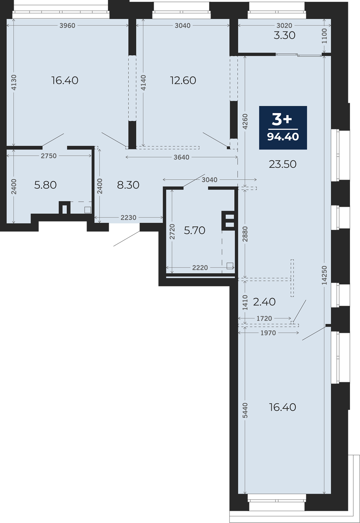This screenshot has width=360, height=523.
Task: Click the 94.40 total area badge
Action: coord(283,128)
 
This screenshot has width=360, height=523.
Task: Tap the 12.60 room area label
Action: coord(183,80)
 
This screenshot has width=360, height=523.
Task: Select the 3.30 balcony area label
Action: coord(285,35)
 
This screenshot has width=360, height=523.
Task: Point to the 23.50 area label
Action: coord(283,164)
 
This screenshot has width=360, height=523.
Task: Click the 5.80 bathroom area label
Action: coord(46,185)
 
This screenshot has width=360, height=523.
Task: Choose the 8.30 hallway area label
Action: coord(128,185)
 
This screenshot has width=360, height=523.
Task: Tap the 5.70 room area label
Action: coord(195,230)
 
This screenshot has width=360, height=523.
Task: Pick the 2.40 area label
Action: coord(264,302)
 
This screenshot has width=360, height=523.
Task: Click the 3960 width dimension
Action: coord(67,26)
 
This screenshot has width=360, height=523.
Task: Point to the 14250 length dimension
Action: coord(324,275)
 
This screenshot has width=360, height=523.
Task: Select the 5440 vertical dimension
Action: coord(245,410)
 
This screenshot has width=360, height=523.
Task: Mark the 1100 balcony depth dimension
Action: coord(324,36)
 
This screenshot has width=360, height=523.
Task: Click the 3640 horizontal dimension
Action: coord(181,157)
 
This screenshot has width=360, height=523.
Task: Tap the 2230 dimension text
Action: coord(128,218)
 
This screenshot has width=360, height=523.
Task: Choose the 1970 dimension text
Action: coord(268,333)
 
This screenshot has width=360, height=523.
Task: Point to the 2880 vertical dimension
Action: coord(245,234)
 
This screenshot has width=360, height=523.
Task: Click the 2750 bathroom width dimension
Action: coord(49,156)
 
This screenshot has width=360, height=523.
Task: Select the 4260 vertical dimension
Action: coord(245,121)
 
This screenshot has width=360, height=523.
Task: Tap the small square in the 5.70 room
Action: coord(230,266)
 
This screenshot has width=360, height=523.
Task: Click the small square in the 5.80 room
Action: coord(87,210)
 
